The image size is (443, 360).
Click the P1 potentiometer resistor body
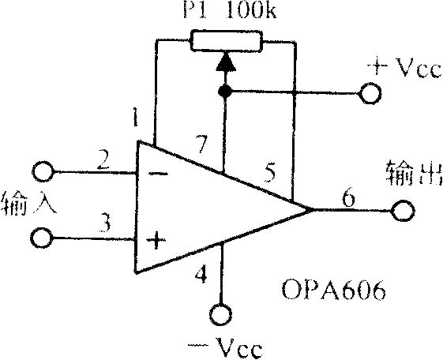click(227, 41)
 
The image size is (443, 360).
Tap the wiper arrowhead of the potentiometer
click(226, 62)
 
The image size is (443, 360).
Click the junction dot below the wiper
click(225, 92)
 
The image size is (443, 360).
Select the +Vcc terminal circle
click(370, 93)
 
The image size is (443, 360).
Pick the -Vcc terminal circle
click(220, 314)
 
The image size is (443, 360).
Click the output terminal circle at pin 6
click(403, 210)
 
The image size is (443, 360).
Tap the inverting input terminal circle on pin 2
click(43, 171)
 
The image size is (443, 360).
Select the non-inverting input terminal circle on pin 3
click(42, 238)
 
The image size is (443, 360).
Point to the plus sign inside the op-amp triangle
click(156, 241)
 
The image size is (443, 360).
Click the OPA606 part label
click(334, 290)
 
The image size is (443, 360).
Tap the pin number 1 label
click(135, 117)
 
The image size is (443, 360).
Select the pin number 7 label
click(202, 144)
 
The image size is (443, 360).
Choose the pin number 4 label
click(201, 275)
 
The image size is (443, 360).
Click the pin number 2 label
click(103, 159)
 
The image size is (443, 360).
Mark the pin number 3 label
click(105, 223)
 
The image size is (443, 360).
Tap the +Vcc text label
click(404, 67)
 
